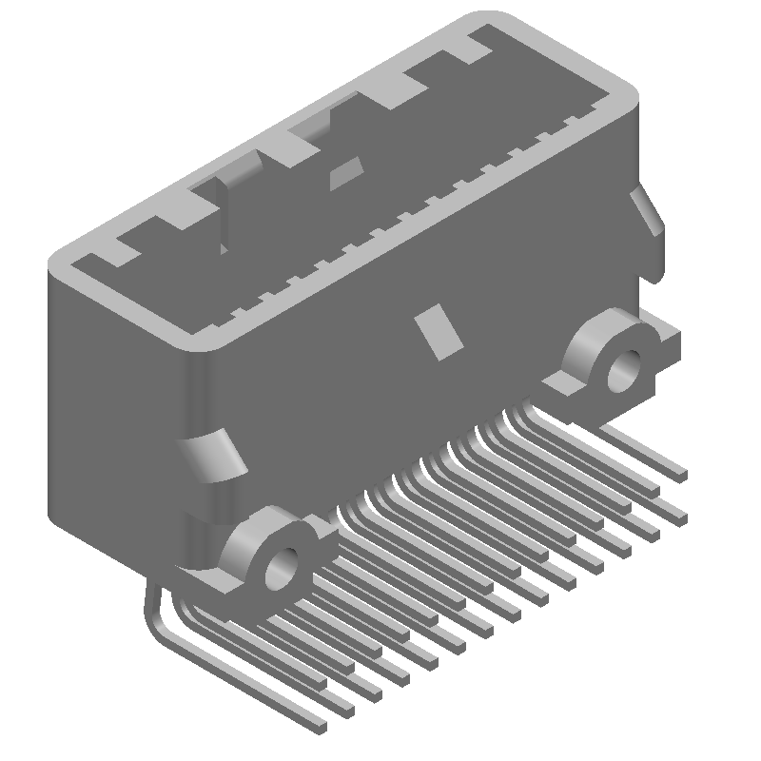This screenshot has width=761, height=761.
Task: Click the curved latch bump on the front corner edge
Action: [x=215, y=455]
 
